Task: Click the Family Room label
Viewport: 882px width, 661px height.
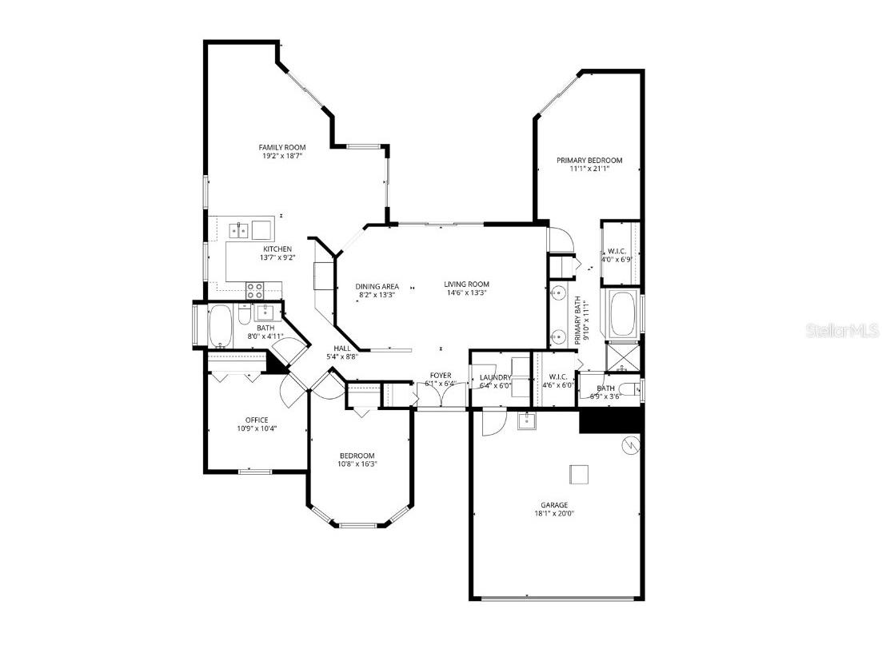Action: tap(281, 147)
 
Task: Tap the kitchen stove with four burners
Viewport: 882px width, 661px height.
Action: tap(255, 289)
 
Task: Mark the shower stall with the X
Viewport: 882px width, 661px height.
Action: tap(623, 356)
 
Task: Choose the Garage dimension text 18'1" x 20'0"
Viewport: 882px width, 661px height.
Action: tap(553, 515)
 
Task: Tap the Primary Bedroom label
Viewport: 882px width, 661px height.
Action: tap(589, 160)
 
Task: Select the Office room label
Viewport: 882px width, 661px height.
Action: tap(257, 420)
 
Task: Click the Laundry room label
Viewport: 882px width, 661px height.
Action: tap(495, 377)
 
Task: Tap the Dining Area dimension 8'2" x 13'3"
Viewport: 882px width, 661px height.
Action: tap(377, 295)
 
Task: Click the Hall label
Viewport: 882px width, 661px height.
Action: tap(341, 348)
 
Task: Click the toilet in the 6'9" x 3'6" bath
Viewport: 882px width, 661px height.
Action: tap(631, 389)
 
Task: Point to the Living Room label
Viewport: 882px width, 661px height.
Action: tap(466, 284)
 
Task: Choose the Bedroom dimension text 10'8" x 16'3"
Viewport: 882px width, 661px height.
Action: tap(356, 465)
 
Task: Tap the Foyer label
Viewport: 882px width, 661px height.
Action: tap(441, 375)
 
